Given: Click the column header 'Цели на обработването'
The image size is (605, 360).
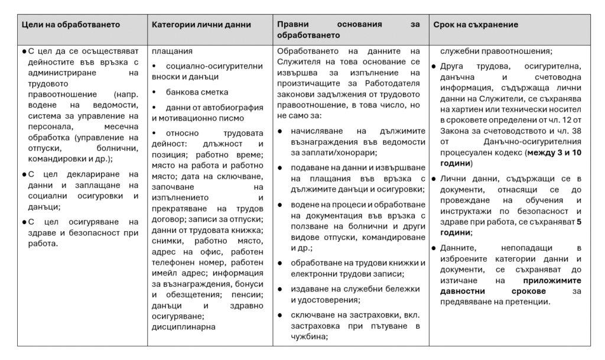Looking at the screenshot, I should [71, 25].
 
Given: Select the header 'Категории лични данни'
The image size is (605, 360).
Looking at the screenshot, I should [201, 25].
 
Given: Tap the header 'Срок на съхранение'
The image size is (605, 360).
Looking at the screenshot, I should [476, 25].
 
